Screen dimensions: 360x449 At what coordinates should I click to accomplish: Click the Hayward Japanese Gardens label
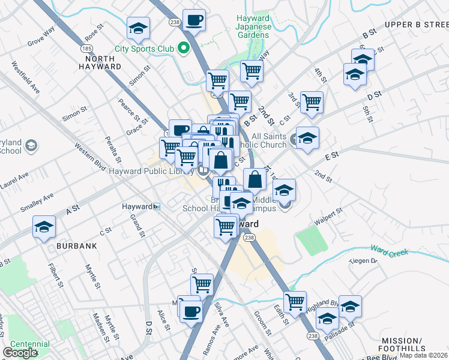click(x=252, y=27)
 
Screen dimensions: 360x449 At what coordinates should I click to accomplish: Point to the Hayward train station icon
click(x=156, y=206)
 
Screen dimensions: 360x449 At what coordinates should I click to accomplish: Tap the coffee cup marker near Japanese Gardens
click(x=194, y=20)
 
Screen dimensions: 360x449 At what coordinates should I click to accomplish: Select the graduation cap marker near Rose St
click(x=138, y=28)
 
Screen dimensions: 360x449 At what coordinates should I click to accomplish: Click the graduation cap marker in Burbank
click(x=44, y=227)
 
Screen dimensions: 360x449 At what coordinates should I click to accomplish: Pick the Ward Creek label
click(x=390, y=251)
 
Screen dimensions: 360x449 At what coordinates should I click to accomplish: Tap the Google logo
click(x=20, y=353)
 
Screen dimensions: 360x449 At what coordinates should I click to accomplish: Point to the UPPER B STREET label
click(x=417, y=25)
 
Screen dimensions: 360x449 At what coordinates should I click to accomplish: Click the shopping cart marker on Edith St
click(x=295, y=302)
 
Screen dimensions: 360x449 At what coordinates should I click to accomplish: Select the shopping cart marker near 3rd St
click(x=312, y=103)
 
